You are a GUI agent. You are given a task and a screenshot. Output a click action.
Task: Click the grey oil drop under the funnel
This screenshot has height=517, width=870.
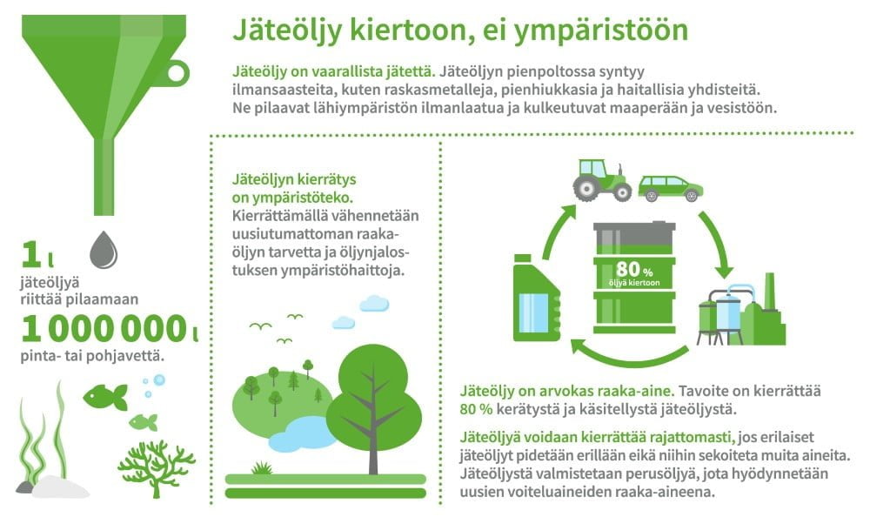point(104,250)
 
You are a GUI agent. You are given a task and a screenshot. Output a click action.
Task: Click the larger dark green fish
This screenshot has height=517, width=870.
point(105,397)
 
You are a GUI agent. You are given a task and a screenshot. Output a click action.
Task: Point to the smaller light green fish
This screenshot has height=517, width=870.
point(144,423)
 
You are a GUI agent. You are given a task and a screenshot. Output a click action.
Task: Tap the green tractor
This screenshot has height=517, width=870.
point(602,180)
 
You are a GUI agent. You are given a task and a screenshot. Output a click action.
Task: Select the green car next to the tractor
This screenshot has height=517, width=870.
point(670,189)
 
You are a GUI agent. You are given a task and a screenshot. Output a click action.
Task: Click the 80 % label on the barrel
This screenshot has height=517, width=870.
point(633,270)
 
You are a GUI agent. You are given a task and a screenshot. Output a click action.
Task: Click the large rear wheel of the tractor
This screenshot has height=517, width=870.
point(586,189)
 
